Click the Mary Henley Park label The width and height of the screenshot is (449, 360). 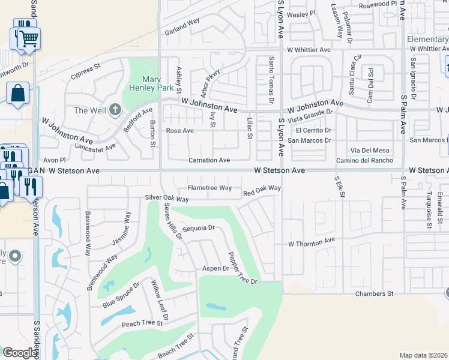(x=143, y=83)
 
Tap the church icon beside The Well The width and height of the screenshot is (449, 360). (x=115, y=110)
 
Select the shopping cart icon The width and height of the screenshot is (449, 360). (x=26, y=40)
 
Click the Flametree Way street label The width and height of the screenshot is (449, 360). (x=209, y=188)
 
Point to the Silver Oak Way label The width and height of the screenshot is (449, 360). (x=167, y=198)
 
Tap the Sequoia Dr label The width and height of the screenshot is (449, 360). (x=198, y=228)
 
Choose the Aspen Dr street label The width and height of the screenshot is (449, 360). (x=215, y=268)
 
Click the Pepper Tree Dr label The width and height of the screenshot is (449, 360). (x=242, y=268)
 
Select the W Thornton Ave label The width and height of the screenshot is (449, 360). (x=311, y=243)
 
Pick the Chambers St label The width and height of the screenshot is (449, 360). (x=373, y=293)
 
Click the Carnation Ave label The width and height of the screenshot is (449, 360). (x=209, y=160)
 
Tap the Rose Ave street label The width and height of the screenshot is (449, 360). (x=180, y=130)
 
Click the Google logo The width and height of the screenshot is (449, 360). (x=20, y=353)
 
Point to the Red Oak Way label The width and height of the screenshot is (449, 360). (x=262, y=190)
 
